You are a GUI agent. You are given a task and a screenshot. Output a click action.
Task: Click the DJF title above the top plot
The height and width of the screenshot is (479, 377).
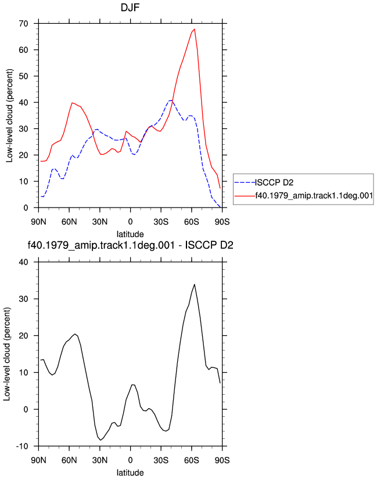point(130,7)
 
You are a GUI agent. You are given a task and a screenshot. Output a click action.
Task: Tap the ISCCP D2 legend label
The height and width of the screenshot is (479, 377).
point(274,183)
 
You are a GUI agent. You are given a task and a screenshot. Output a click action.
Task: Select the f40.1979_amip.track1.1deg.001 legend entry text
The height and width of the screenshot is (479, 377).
point(314,195)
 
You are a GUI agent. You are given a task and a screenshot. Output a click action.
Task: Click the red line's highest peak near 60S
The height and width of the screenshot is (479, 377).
point(195,29)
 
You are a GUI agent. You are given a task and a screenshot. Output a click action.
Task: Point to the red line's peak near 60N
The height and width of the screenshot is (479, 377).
point(73,103)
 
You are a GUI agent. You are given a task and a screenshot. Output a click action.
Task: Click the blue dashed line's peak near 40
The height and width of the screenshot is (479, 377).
point(171,100)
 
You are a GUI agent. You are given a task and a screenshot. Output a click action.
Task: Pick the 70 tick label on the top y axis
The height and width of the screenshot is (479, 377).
point(23,23)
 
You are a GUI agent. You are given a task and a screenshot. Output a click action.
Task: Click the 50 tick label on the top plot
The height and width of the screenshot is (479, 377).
point(23,76)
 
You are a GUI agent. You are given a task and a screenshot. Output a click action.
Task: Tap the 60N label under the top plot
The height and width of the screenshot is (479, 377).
point(69,222)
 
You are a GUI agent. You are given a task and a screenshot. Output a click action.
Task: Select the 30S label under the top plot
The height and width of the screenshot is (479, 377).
point(161,222)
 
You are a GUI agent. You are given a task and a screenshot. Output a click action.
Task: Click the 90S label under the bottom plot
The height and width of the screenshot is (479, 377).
point(222,460)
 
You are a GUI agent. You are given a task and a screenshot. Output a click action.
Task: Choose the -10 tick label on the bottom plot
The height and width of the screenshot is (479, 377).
point(21,446)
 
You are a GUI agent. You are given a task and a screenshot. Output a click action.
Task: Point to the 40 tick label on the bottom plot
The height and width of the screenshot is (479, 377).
point(23,262)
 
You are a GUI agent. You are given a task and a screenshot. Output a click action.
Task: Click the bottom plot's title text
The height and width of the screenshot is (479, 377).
point(130,245)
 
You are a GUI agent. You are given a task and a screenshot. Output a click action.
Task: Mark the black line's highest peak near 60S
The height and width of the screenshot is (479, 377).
point(195,284)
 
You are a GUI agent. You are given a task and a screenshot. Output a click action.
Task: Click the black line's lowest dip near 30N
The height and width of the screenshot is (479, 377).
point(100,440)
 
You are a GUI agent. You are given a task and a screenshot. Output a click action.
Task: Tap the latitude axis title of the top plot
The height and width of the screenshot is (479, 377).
point(130,234)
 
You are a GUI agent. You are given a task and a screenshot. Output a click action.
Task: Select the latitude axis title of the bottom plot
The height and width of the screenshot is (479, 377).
point(130,473)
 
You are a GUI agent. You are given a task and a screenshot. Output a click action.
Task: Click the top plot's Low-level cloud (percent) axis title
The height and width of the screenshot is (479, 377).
point(9,116)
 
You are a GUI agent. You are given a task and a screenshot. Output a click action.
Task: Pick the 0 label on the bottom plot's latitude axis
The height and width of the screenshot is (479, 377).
point(130,460)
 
